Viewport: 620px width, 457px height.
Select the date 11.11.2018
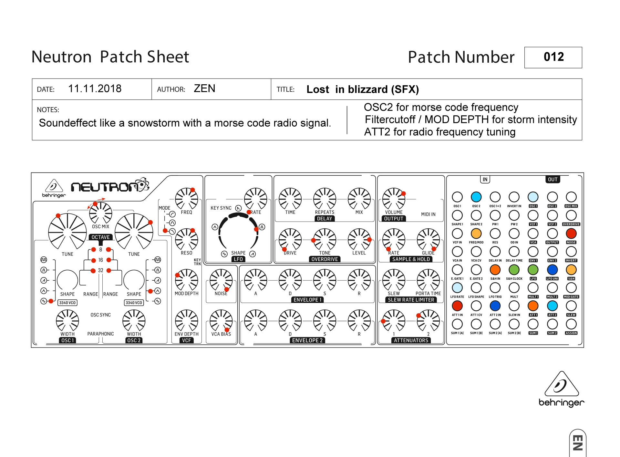(x=95, y=88)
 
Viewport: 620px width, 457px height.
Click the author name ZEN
(x=204, y=88)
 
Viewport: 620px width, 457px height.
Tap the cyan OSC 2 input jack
(x=476, y=197)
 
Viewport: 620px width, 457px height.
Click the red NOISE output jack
(x=571, y=233)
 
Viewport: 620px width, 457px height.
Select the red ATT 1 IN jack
(x=457, y=306)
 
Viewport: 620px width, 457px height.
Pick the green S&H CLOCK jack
(x=514, y=269)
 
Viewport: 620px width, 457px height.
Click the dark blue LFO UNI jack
(x=552, y=269)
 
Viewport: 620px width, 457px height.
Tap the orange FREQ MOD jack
(x=476, y=233)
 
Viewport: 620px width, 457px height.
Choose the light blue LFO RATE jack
(x=457, y=287)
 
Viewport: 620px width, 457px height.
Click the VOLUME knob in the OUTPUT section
(x=394, y=199)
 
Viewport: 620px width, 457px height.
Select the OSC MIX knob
(x=100, y=213)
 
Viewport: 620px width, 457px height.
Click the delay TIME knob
(x=290, y=199)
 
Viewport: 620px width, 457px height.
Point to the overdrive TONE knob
(x=325, y=239)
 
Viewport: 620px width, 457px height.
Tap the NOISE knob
(x=221, y=280)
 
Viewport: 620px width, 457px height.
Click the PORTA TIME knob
(x=428, y=280)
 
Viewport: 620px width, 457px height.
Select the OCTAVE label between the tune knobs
(x=100, y=237)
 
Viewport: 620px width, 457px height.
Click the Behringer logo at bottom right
(x=561, y=389)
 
